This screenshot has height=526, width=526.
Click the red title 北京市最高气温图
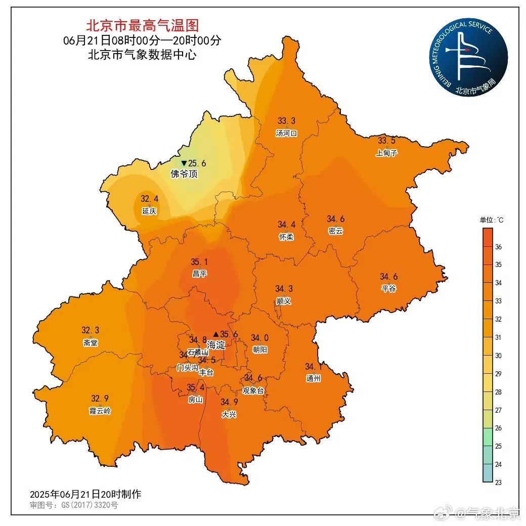(142, 25)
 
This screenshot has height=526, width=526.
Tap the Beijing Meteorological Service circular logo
(469, 59)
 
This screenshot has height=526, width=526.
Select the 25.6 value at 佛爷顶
(197, 163)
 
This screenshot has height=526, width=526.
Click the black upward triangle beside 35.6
(216, 334)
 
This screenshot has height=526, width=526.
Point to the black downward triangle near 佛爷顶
(184, 163)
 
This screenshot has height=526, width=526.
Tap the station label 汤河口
(286, 134)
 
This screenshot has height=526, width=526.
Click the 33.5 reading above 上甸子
(387, 141)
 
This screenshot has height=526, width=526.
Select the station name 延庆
(149, 211)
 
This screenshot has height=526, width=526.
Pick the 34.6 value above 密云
(335, 219)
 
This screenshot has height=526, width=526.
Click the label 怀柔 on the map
(286, 237)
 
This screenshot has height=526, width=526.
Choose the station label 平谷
(388, 288)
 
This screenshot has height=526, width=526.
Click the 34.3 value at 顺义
(284, 289)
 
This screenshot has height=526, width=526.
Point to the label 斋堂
(91, 342)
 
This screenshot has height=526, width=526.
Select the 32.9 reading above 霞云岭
(100, 398)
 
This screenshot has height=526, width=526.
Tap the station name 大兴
(229, 414)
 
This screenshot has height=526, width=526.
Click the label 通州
(313, 378)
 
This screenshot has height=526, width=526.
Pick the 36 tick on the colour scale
(498, 247)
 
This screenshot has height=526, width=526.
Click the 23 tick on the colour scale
(498, 482)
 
